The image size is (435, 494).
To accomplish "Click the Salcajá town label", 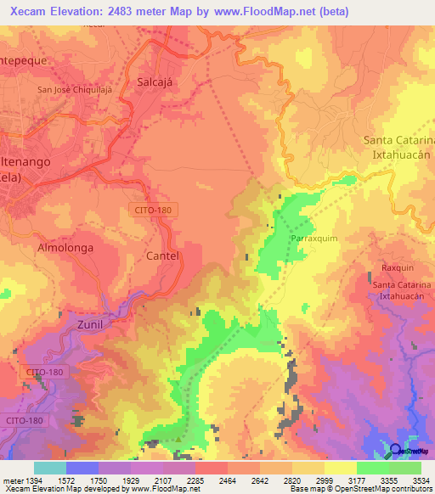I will coord(155,81).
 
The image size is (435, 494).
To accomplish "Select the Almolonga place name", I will coord(65,248).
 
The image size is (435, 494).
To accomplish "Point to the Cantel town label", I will coord(162,255).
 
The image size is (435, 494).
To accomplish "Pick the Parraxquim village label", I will coord(314,239).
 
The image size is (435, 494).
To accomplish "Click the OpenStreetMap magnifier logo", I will coord(397,451).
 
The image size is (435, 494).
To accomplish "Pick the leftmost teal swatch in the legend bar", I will coord(50,468).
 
